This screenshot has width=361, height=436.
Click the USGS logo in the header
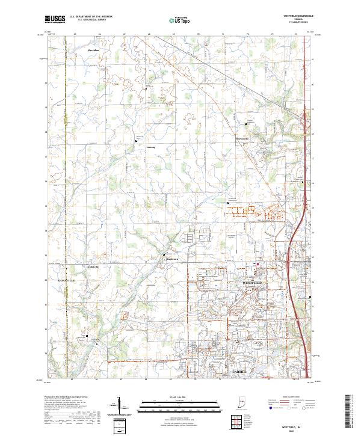pyautogui.click(x=55, y=19)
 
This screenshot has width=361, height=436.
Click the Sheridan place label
pyautogui.click(x=93, y=50)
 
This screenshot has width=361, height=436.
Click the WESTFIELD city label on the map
pyautogui.click(x=253, y=282)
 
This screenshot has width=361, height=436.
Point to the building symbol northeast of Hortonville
pyautogui.click(x=245, y=124)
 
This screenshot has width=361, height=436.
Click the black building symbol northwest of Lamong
pyautogui.click(x=136, y=140)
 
